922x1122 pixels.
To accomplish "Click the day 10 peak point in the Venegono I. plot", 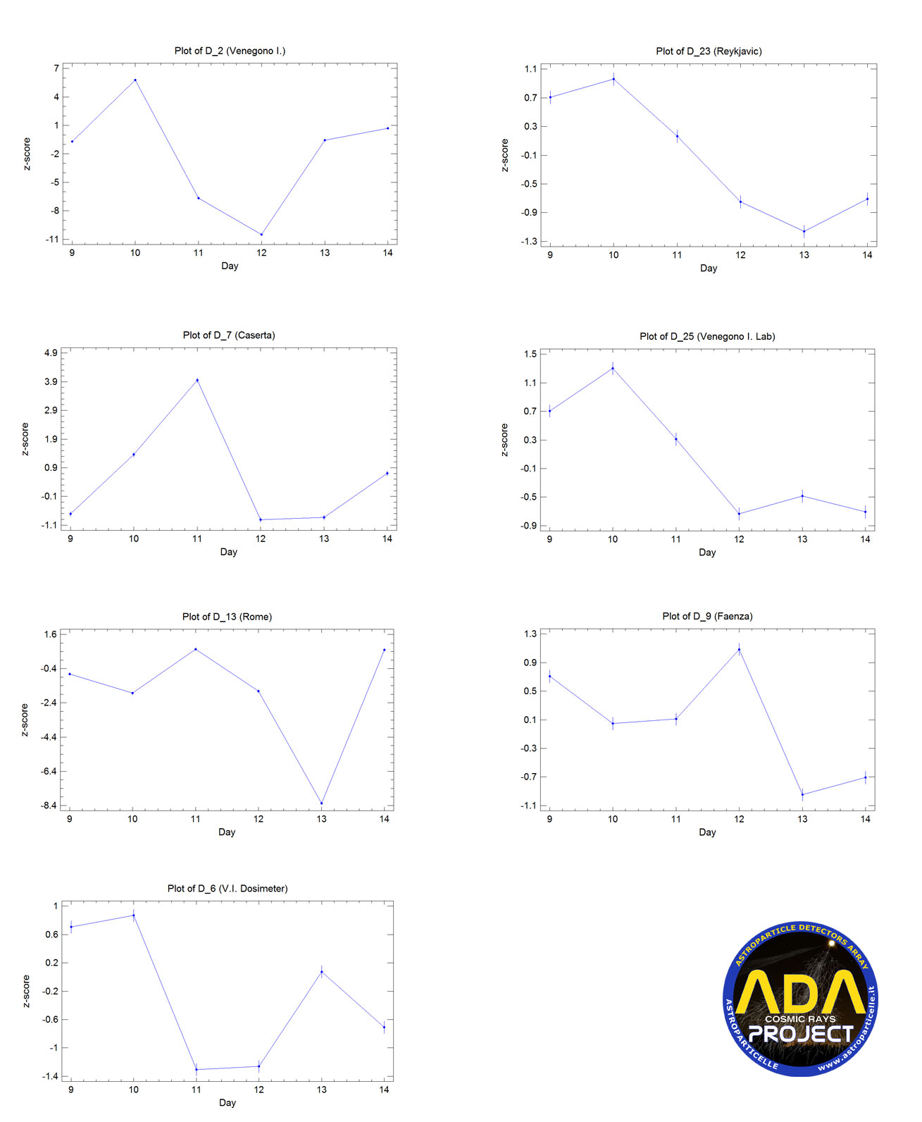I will click(x=135, y=80).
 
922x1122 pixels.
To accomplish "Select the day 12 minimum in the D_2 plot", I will click(x=261, y=235).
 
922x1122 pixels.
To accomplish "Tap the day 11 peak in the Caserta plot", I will click(x=197, y=380).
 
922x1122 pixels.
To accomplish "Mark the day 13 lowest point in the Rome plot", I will click(x=321, y=803).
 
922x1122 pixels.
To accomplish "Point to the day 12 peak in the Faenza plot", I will click(x=739, y=650).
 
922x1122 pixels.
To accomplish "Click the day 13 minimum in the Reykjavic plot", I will click(x=804, y=231).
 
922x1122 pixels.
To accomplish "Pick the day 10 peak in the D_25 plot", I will click(x=613, y=368).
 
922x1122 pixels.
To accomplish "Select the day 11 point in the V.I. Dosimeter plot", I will click(x=197, y=1069).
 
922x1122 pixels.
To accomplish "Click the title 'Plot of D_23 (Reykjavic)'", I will click(x=709, y=51).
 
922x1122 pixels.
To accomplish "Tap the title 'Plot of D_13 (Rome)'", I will click(x=227, y=617).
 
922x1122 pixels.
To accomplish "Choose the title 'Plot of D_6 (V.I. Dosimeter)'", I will click(x=228, y=889).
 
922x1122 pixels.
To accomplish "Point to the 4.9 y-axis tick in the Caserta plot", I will click(x=51, y=352).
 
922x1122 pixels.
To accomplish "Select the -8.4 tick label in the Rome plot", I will click(x=49, y=806).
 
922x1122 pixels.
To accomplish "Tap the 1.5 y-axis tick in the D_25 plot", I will click(x=530, y=354).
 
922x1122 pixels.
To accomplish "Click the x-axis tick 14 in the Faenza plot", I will click(x=866, y=819).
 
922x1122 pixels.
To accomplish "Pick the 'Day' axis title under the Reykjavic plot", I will click(x=708, y=269).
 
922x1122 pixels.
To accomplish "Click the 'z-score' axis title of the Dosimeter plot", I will click(x=26, y=991).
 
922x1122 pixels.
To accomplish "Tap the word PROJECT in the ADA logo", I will click(x=801, y=1034).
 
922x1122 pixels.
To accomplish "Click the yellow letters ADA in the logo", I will click(x=800, y=992).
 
